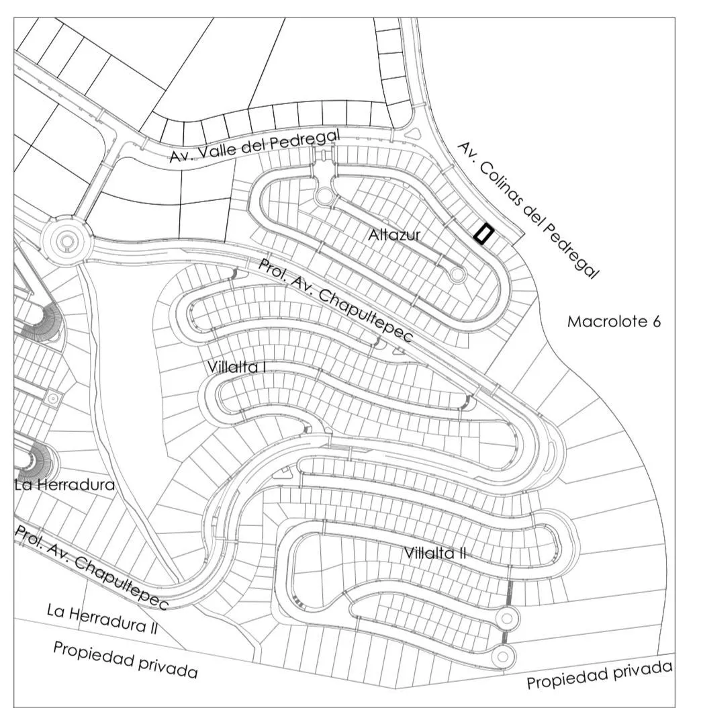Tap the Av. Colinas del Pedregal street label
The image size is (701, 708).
click(x=529, y=210)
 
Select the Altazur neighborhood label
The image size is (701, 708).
click(x=394, y=235)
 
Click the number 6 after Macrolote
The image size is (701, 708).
click(x=656, y=322)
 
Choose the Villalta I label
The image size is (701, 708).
click(x=236, y=367)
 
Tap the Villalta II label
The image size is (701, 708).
click(x=434, y=553)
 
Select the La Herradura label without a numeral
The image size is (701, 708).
click(x=64, y=485)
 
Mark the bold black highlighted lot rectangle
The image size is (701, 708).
click(x=484, y=234)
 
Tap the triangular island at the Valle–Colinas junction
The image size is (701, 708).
click(x=414, y=133)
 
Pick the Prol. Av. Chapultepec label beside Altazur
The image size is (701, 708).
click(x=335, y=301)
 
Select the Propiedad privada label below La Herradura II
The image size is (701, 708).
click(x=126, y=660)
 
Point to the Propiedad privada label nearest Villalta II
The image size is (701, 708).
click(x=600, y=674)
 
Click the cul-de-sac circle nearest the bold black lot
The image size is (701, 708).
click(x=457, y=273)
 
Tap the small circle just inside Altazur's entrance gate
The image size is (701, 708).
click(x=324, y=196)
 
